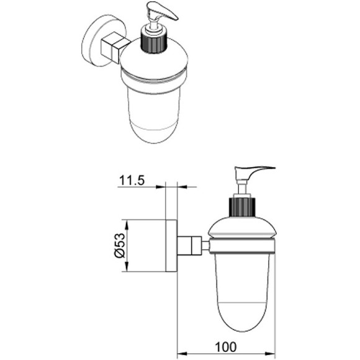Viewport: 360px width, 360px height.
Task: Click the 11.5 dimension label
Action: (x=132, y=180)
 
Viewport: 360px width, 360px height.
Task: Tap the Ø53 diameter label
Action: (x=120, y=245)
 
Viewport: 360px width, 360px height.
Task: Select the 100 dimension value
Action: (x=226, y=347)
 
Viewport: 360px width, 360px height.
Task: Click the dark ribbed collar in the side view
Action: (x=242, y=207)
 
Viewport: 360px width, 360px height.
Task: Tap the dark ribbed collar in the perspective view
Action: (x=153, y=42)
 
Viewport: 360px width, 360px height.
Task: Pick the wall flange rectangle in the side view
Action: (x=171, y=246)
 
